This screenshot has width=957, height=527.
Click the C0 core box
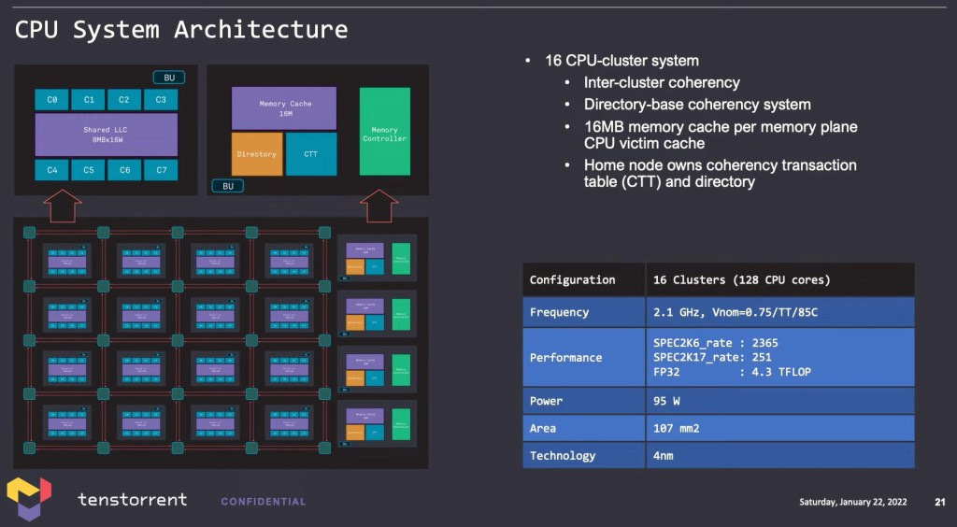pyautogui.click(x=52, y=99)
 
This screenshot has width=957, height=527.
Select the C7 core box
pyautogui.click(x=161, y=170)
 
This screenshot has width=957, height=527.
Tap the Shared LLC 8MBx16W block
pyautogui.click(x=107, y=135)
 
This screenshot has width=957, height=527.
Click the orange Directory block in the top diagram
pyautogui.click(x=256, y=154)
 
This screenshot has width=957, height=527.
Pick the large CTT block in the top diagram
pyautogui.click(x=310, y=154)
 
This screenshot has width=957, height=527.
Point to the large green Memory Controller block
pyautogui.click(x=384, y=132)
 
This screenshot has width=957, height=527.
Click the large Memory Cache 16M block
pyautogui.click(x=284, y=107)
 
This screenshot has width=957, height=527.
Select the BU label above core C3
pyautogui.click(x=169, y=78)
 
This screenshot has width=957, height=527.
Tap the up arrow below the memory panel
pyautogui.click(x=379, y=206)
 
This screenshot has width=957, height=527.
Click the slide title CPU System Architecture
pyautogui.click(x=181, y=29)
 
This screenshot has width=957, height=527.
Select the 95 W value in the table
pyautogui.click(x=666, y=401)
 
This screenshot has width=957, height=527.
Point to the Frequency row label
pyautogui.click(x=559, y=312)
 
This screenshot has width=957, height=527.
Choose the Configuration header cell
pyautogui.click(x=572, y=279)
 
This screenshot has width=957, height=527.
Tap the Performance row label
pyautogui.click(x=566, y=357)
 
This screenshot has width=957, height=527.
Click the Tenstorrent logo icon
pyautogui.click(x=30, y=498)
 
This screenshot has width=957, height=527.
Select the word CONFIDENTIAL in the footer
pyautogui.click(x=263, y=502)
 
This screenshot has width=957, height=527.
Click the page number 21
pyautogui.click(x=939, y=502)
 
